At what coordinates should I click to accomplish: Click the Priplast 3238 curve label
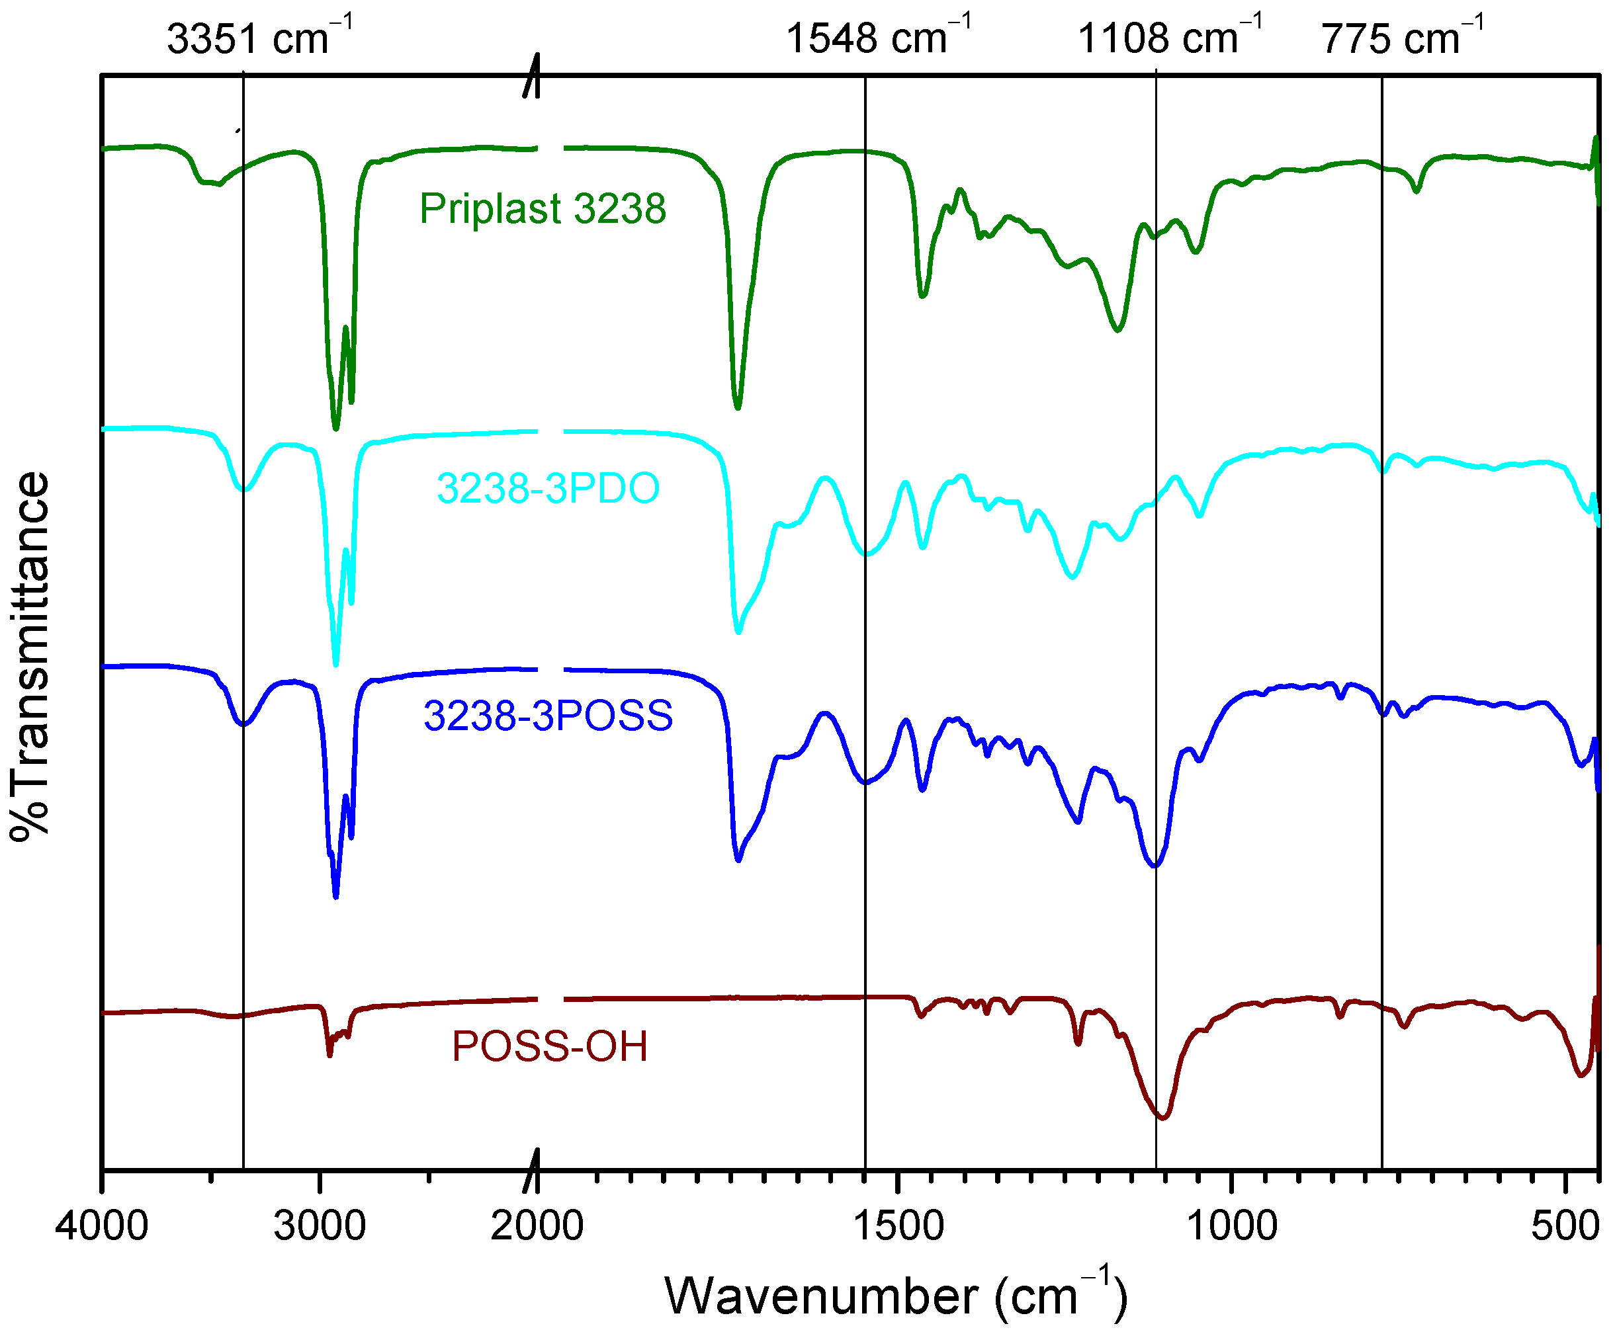pyautogui.click(x=543, y=208)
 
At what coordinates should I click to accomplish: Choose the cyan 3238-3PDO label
pyautogui.click(x=548, y=488)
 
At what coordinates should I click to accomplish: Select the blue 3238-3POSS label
pyautogui.click(x=548, y=716)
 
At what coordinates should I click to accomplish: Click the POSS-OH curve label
pyautogui.click(x=549, y=1046)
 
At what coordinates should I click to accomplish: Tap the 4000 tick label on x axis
pyautogui.click(x=101, y=1226)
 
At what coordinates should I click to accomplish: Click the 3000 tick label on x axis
pyautogui.click(x=320, y=1226)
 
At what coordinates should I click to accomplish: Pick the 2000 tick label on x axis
pyautogui.click(x=537, y=1226)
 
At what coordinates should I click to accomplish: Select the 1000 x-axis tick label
pyautogui.click(x=1231, y=1226)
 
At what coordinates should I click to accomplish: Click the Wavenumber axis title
pyautogui.click(x=895, y=1296)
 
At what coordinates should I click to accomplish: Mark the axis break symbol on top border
pyautogui.click(x=532, y=76)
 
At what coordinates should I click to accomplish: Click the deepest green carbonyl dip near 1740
pyautogui.click(x=737, y=407)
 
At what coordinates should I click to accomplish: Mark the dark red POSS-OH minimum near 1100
pyautogui.click(x=1162, y=1118)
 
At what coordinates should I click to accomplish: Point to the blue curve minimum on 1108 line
pyautogui.click(x=1155, y=866)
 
